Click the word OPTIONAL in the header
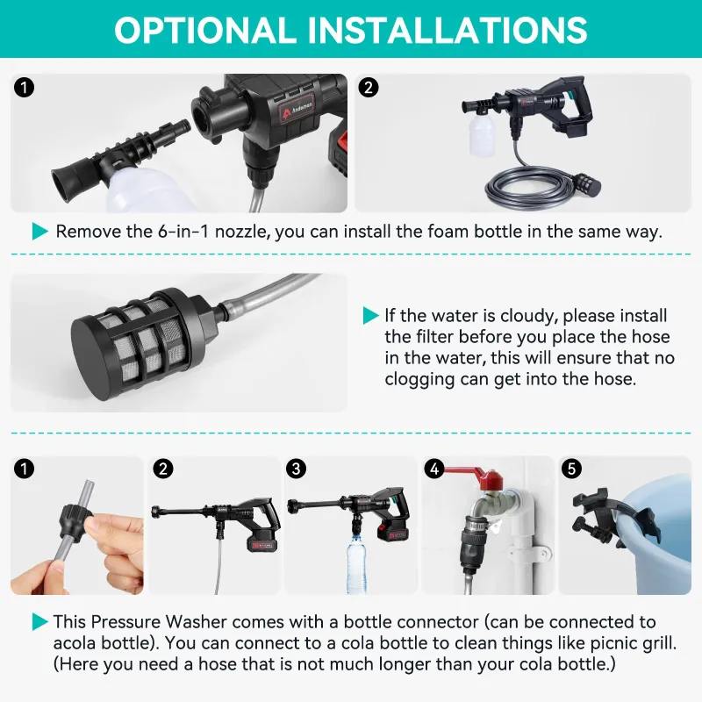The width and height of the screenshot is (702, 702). (204, 30)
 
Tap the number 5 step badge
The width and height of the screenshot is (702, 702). (571, 469)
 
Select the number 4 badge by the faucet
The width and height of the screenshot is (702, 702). (433, 469)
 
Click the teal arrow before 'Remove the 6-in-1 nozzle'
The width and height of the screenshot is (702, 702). (40, 232)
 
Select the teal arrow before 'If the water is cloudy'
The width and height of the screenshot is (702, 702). (370, 315)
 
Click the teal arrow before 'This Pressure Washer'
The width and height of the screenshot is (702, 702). (40, 622)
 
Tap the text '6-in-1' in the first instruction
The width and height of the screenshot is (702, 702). (183, 232)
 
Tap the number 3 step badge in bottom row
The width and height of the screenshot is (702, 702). (296, 469)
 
